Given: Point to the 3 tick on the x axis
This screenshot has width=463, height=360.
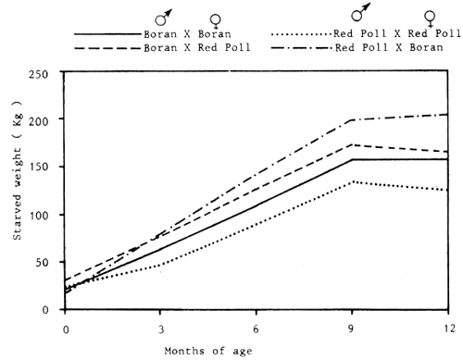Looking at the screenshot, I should tap(161, 328).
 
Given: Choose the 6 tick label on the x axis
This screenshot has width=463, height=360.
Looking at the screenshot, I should tap(257, 328).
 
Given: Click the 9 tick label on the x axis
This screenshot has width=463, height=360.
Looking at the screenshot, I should tap(353, 328).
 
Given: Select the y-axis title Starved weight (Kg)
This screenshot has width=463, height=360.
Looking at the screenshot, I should tap(18, 191).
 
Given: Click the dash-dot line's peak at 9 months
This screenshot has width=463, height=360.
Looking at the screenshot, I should tap(353, 120).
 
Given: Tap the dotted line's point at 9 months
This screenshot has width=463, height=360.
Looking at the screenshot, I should tap(353, 181).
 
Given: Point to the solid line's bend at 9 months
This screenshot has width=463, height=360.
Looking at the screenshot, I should tap(353, 159).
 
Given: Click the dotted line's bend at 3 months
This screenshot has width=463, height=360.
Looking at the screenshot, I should tap(161, 266).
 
